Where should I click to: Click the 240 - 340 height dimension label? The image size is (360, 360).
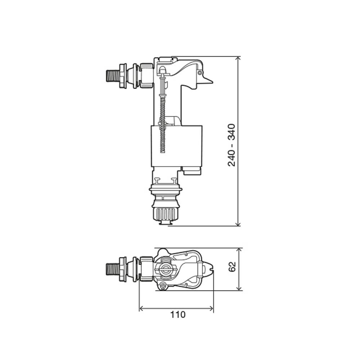pos(231,145)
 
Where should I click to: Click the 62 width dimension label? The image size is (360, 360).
pos(232,266)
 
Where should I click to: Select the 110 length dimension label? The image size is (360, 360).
pos(178,315)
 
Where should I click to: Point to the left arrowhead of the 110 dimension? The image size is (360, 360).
pos(142,309)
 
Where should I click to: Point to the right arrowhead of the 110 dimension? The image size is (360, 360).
pos(211,309)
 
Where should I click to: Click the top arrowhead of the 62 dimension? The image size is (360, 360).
pos(239,251)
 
